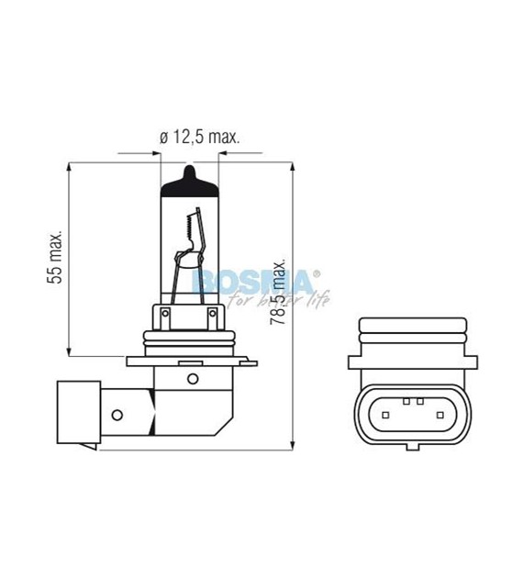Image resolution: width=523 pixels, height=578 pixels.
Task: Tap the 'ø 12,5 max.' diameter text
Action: [x=199, y=138]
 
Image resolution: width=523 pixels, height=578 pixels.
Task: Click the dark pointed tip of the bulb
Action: [x=191, y=174]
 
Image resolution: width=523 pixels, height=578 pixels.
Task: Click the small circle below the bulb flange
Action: [x=192, y=379]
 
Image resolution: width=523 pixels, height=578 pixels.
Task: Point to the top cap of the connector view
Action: [x=412, y=328]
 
